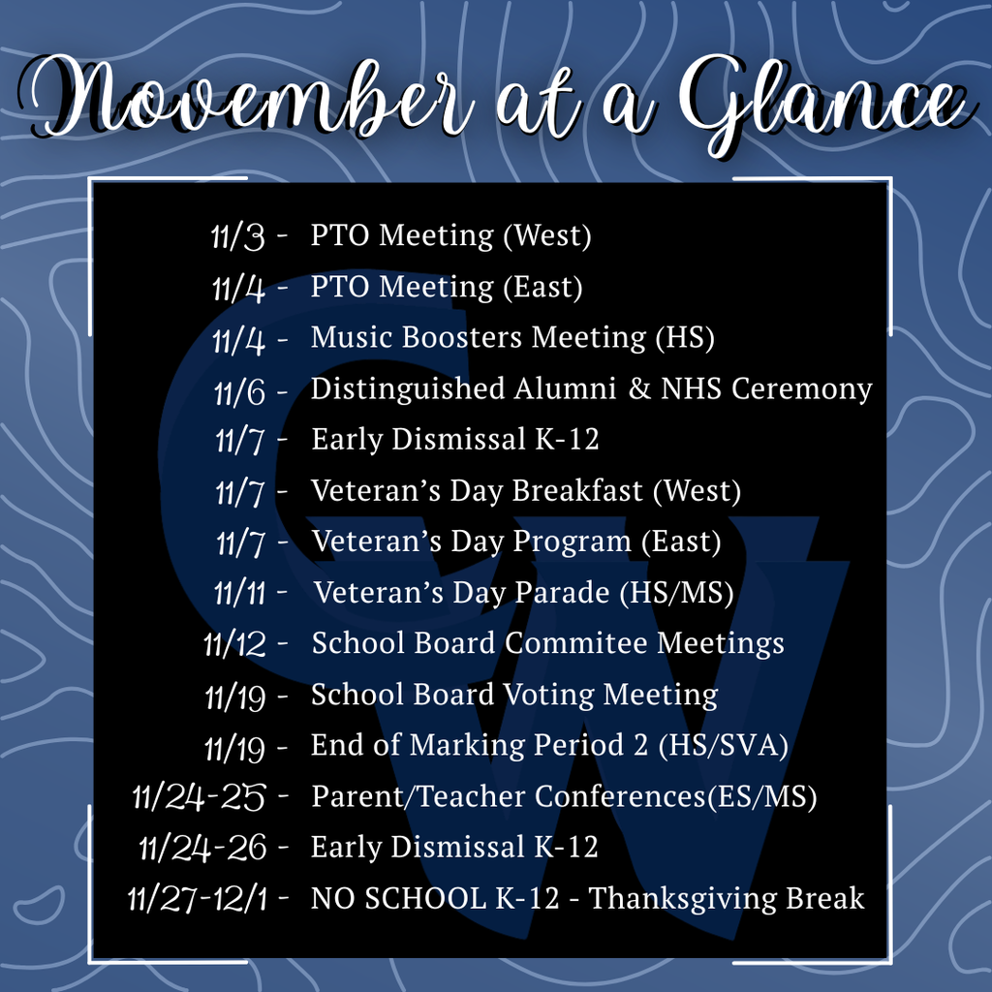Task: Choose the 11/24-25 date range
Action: coord(200,798)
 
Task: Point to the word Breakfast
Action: coord(577,491)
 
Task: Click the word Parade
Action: coord(561,593)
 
